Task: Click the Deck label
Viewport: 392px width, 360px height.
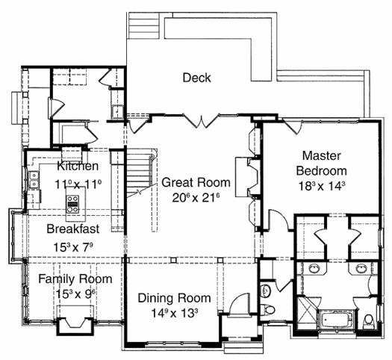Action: click(196, 78)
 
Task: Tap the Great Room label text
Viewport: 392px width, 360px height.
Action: click(196, 182)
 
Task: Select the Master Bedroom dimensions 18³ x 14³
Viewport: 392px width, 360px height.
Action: click(322, 186)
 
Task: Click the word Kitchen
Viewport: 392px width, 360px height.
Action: click(78, 166)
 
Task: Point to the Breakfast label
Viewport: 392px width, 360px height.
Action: click(73, 229)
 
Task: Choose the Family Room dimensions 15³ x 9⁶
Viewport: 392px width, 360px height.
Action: click(76, 294)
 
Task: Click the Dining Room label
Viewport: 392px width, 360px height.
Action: click(174, 298)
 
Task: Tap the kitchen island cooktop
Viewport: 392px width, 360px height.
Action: click(72, 204)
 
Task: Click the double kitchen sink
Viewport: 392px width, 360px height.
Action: click(34, 180)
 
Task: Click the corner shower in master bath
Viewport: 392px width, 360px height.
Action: click(306, 312)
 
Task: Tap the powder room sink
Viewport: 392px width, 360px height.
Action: click(265, 291)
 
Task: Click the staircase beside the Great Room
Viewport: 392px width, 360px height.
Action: click(139, 173)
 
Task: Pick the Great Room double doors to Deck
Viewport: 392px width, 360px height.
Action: click(202, 121)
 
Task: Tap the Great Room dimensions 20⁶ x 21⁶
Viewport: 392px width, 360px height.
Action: click(196, 198)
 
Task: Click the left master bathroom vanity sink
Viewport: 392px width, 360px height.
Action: click(314, 269)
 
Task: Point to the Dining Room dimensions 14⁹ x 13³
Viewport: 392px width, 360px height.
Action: click(175, 313)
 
